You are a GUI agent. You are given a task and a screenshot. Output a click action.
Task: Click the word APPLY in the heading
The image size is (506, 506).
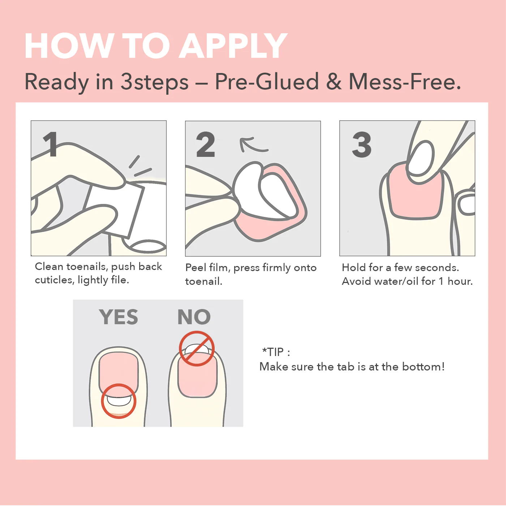(233, 46)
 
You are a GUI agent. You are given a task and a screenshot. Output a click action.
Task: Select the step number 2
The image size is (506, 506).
(205, 144)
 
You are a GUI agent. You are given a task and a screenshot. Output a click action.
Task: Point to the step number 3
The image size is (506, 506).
(361, 144)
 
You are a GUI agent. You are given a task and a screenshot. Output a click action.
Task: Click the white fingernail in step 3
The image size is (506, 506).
(421, 158)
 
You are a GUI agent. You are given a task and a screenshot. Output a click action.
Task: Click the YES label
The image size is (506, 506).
(119, 317)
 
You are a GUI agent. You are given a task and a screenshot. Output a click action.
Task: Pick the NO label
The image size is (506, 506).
(194, 317)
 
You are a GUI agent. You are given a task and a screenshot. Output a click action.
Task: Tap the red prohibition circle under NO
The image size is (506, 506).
(197, 348)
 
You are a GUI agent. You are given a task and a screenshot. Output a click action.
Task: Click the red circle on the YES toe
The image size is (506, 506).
(119, 401)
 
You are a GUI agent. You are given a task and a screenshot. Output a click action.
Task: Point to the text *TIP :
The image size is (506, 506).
(276, 352)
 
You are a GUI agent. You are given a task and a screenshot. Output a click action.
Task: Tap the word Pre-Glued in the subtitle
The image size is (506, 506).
(267, 82)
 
